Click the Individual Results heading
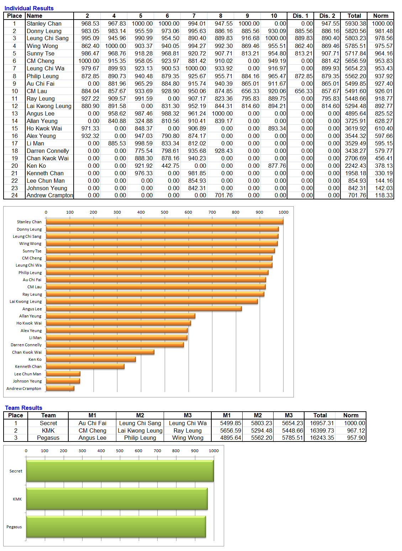pyautogui.click(x=29, y=8)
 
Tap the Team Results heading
pyautogui.click(x=23, y=408)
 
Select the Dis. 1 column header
pyautogui.click(x=300, y=16)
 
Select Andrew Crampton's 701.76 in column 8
pyautogui.click(x=223, y=195)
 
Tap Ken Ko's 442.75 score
pyautogui.click(x=170, y=166)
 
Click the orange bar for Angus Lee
pyautogui.click(x=144, y=309)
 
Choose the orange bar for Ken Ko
pyautogui.click(x=91, y=359)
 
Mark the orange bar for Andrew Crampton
pyautogui.click(x=60, y=388)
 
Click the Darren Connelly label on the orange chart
pyautogui.click(x=26, y=345)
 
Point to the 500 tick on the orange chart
pyautogui.click(x=164, y=212)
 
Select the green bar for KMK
pyautogui.click(x=117, y=499)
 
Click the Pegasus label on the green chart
pyautogui.click(x=14, y=527)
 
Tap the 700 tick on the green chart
pyautogui.click(x=157, y=451)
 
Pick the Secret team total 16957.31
pyautogui.click(x=322, y=423)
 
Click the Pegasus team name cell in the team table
pyautogui.click(x=48, y=438)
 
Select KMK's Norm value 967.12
pyautogui.click(x=356, y=430)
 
